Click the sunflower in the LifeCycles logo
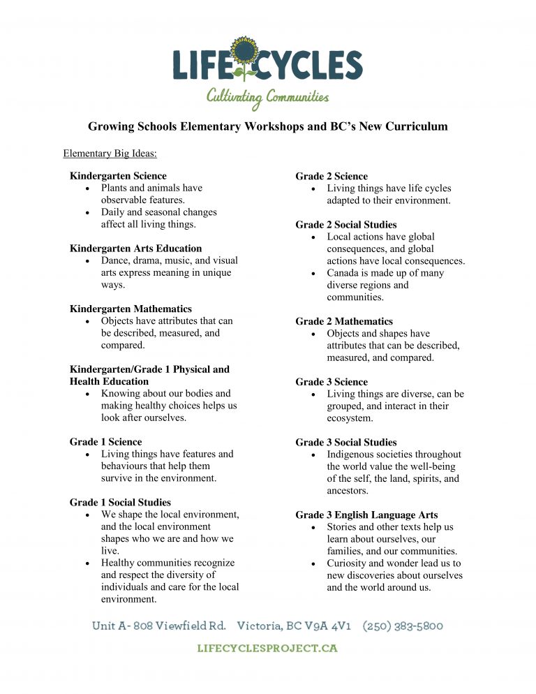point(244,52)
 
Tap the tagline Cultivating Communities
point(267,97)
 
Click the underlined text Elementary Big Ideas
point(110,153)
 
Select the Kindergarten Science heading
point(118,176)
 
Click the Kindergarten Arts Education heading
point(135,249)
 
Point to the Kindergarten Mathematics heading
point(131,309)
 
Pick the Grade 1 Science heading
point(105,442)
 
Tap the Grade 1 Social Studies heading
point(120,502)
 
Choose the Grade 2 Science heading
point(332,176)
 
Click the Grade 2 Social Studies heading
point(346,225)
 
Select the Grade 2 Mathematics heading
point(344,321)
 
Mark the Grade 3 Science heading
point(332,382)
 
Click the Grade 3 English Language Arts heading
point(366,515)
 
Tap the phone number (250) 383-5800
point(403,626)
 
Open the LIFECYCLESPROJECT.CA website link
point(267,649)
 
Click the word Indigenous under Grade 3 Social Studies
point(352,455)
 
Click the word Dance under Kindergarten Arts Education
point(116,260)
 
